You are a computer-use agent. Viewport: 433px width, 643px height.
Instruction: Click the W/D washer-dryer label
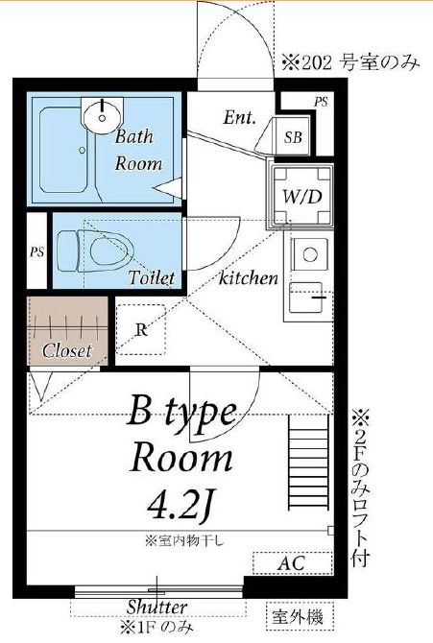tap(301, 198)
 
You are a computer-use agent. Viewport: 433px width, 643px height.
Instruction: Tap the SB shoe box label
tap(293, 137)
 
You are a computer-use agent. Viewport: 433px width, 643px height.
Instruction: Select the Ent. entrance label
tap(240, 118)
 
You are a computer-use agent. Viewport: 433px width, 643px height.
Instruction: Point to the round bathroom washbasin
tap(102, 115)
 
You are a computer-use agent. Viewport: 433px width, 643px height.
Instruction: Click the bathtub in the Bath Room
tap(63, 150)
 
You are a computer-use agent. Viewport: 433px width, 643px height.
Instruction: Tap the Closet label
tap(67, 350)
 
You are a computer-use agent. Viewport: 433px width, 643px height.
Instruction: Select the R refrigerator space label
tap(141, 330)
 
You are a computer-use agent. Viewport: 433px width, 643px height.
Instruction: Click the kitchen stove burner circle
tap(310, 254)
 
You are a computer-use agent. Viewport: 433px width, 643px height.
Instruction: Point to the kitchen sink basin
tap(305, 297)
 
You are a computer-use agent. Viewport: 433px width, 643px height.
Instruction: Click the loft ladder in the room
tap(308, 462)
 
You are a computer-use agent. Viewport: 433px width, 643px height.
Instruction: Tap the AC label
tap(291, 563)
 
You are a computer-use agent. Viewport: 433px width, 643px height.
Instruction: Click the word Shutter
tap(156, 607)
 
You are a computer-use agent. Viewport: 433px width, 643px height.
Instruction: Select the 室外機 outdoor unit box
tap(300, 617)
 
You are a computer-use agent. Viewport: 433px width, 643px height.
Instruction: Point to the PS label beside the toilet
tap(36, 251)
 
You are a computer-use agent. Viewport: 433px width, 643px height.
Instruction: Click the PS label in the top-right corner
tap(321, 102)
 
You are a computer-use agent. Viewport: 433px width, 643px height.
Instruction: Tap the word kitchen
tap(249, 278)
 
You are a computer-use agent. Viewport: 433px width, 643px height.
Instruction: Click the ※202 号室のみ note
tap(350, 63)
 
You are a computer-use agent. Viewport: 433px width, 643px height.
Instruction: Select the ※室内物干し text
tap(184, 541)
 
